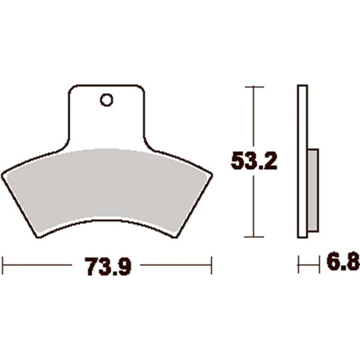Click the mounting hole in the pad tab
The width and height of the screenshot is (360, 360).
[x=106, y=100]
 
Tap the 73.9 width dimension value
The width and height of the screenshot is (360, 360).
[x=106, y=267]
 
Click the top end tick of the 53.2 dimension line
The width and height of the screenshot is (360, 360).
[x=254, y=87]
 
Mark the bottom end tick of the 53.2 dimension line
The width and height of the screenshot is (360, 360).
[x=254, y=237]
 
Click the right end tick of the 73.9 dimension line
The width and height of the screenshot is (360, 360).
[x=211, y=265]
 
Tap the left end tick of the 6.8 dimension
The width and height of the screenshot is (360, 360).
[x=299, y=265]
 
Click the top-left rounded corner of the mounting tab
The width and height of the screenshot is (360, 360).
[x=72, y=89]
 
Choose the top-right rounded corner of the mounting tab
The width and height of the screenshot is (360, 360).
[x=142, y=89]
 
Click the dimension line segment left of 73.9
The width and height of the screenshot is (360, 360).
[x=41, y=265]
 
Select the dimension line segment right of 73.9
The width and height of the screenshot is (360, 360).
[x=174, y=265]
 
